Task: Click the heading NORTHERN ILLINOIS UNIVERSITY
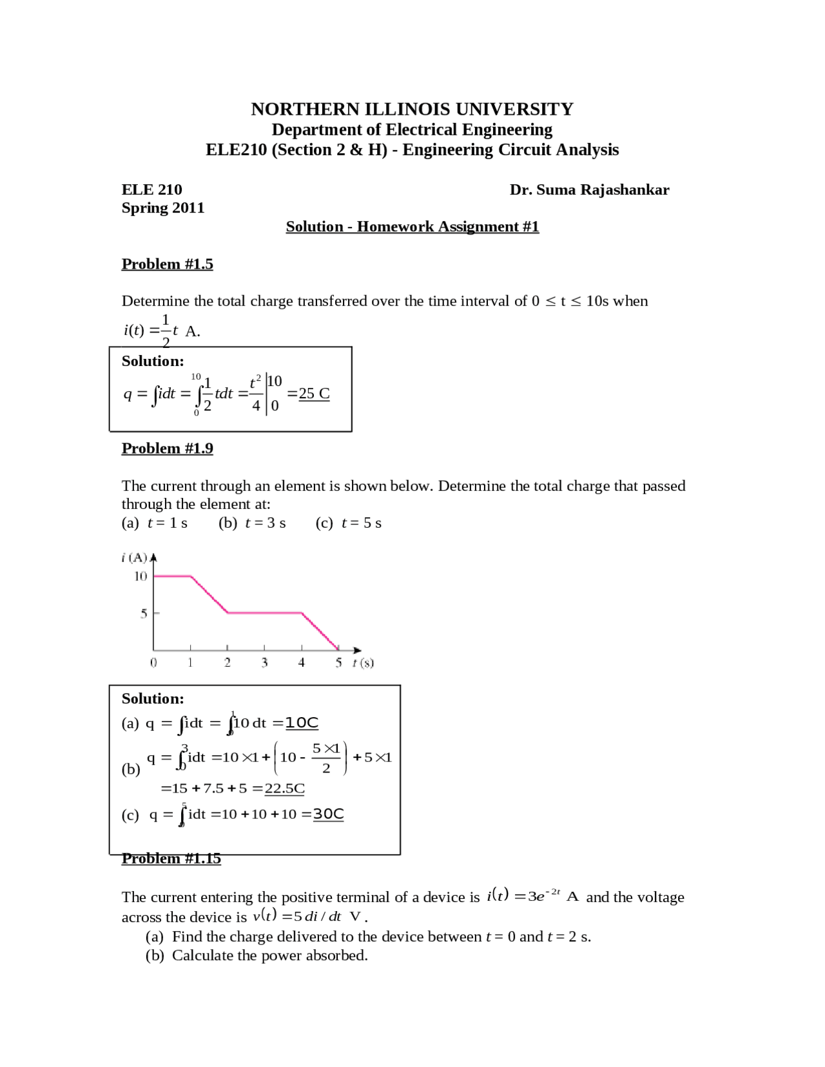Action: (412, 109)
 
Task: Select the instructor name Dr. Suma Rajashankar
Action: (589, 189)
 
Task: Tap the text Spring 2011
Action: (163, 208)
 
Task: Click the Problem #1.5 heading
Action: (167, 264)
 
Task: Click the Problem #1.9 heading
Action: (167, 448)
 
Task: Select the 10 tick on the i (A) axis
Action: (141, 576)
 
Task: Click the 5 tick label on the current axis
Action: (144, 613)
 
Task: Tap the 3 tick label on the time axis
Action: (264, 662)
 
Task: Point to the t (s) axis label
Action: (363, 662)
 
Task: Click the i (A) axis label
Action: (134, 557)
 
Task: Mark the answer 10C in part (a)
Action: (302, 723)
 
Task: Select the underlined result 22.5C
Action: (284, 788)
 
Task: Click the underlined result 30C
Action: (328, 814)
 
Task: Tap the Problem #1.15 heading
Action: (171, 859)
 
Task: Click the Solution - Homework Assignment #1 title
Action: (412, 227)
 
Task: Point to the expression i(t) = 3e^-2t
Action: (524, 896)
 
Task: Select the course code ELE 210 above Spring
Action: (151, 189)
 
